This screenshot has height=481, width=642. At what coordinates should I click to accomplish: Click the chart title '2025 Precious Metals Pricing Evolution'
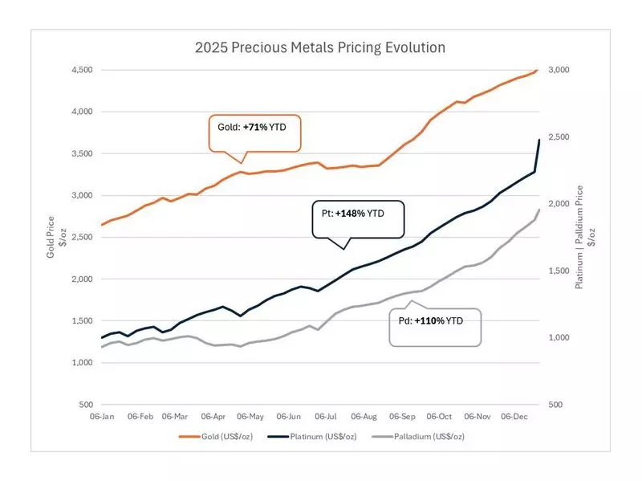pyautogui.click(x=320, y=47)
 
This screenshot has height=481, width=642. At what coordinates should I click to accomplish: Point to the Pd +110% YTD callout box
pyautogui.click(x=435, y=328)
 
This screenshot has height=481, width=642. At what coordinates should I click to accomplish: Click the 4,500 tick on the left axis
pyautogui.click(x=81, y=70)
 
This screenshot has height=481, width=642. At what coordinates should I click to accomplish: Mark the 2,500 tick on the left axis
pyautogui.click(x=81, y=237)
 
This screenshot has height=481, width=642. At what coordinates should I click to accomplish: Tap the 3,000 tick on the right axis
pyautogui.click(x=559, y=70)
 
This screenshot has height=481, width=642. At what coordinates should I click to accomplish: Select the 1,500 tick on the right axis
pyautogui.click(x=559, y=271)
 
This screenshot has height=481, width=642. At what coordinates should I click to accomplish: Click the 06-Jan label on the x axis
pyautogui.click(x=103, y=417)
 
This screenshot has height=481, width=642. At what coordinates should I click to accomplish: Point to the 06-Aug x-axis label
pyautogui.click(x=364, y=417)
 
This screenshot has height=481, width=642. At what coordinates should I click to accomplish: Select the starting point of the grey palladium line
pyautogui.click(x=102, y=347)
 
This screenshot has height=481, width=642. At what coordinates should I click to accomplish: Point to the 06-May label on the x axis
pyautogui.click(x=251, y=417)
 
